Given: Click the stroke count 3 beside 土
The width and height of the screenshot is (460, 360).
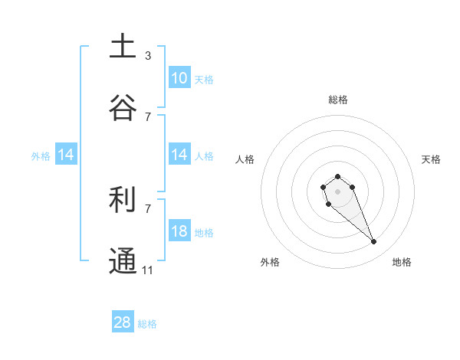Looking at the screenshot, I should (148, 56).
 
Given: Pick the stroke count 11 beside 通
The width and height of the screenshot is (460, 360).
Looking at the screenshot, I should (148, 270).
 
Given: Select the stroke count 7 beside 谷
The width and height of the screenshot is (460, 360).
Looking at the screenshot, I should (148, 116).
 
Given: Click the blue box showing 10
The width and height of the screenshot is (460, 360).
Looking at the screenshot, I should (179, 78).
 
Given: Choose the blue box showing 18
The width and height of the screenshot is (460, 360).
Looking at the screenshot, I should (179, 231).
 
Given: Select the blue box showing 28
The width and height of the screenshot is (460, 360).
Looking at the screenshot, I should (123, 322).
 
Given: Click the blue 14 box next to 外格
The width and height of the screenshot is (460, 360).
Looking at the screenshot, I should (66, 155).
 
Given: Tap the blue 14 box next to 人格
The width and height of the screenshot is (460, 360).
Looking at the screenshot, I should (179, 155).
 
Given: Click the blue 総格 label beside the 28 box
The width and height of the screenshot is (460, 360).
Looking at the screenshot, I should (147, 324).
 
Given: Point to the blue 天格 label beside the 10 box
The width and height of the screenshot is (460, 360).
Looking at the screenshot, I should (204, 80).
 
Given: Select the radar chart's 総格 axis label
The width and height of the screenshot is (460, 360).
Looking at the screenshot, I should (338, 100).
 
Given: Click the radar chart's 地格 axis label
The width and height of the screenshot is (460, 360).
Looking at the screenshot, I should (402, 263).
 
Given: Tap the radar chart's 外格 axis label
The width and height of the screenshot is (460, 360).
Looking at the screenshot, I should (270, 263).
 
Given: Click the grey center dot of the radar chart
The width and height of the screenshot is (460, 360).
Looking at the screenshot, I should (337, 191).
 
